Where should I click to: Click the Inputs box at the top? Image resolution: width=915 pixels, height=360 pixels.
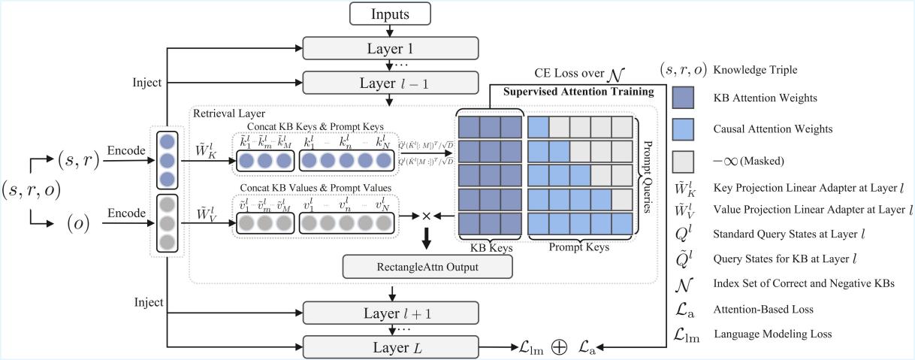(390, 14)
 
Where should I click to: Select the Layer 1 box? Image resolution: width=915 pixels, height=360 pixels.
(390, 47)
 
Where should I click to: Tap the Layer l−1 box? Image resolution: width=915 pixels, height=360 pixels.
(390, 81)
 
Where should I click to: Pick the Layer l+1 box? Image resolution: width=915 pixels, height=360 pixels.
(390, 311)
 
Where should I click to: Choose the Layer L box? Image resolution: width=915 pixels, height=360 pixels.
(390, 346)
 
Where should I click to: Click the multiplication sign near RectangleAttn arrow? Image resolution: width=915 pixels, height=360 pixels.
(426, 216)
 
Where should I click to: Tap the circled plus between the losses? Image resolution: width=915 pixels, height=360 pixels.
(559, 347)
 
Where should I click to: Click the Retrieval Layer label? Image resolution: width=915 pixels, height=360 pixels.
(223, 113)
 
